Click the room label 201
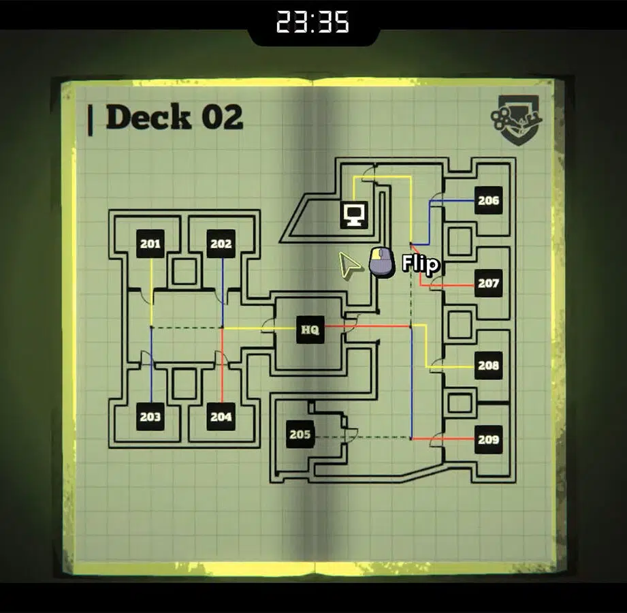pyautogui.click(x=150, y=244)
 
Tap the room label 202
pyautogui.click(x=221, y=244)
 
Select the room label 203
pyautogui.click(x=150, y=417)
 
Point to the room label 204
pyautogui.click(x=221, y=417)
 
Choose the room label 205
pyautogui.click(x=300, y=434)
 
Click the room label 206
pyautogui.click(x=489, y=200)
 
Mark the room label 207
pyautogui.click(x=489, y=283)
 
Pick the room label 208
pyautogui.click(x=489, y=365)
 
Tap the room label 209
pyautogui.click(x=489, y=440)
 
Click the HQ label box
pyautogui.click(x=310, y=330)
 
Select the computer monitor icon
pyautogui.click(x=354, y=215)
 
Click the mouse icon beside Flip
pyautogui.click(x=382, y=262)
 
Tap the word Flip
pyautogui.click(x=420, y=264)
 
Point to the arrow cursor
pyautogui.click(x=349, y=265)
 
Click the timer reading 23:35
pyautogui.click(x=312, y=22)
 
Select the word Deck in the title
pyautogui.click(x=148, y=117)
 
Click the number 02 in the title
pyautogui.click(x=223, y=117)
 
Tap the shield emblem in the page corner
pyautogui.click(x=517, y=120)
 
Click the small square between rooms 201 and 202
pyautogui.click(x=184, y=271)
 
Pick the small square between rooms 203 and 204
pyautogui.click(x=184, y=383)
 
